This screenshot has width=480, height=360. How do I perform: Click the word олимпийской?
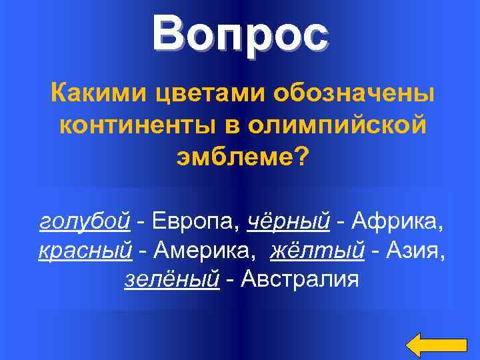click(333, 125)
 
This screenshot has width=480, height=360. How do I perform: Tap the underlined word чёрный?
click(289, 221)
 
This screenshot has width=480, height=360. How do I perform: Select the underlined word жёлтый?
click(317, 251)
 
